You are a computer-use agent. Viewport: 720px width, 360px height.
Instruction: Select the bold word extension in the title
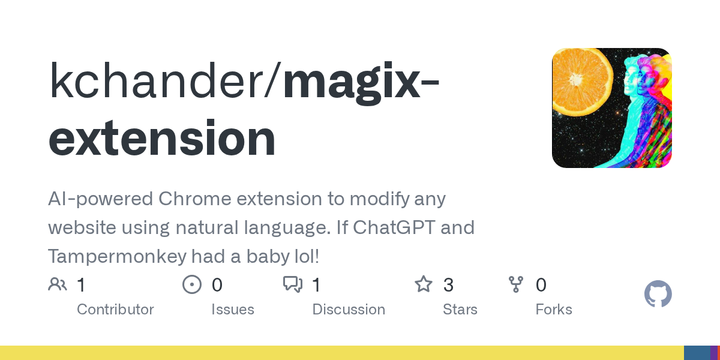pyautogui.click(x=162, y=139)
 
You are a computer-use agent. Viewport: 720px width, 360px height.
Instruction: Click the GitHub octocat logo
pyautogui.click(x=658, y=294)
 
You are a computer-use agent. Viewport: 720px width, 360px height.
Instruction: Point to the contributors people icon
pyautogui.click(x=58, y=284)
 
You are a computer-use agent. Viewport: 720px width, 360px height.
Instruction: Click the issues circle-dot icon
pyautogui.click(x=192, y=284)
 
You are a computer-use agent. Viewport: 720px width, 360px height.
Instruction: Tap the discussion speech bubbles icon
pyautogui.click(x=293, y=284)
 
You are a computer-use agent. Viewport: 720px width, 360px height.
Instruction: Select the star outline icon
pyautogui.click(x=424, y=284)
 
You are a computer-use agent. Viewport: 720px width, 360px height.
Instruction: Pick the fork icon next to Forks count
pyautogui.click(x=516, y=284)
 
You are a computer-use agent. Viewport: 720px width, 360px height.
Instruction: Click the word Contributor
pyautogui.click(x=115, y=310)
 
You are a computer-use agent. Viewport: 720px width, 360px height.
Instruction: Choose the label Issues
pyautogui.click(x=233, y=310)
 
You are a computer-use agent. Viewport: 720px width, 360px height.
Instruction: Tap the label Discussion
pyautogui.click(x=349, y=310)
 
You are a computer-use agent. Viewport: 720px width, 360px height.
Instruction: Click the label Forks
pyautogui.click(x=554, y=310)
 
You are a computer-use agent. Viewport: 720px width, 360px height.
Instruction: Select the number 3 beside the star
pyautogui.click(x=448, y=285)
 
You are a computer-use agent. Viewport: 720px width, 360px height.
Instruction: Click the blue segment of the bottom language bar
pyautogui.click(x=697, y=353)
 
